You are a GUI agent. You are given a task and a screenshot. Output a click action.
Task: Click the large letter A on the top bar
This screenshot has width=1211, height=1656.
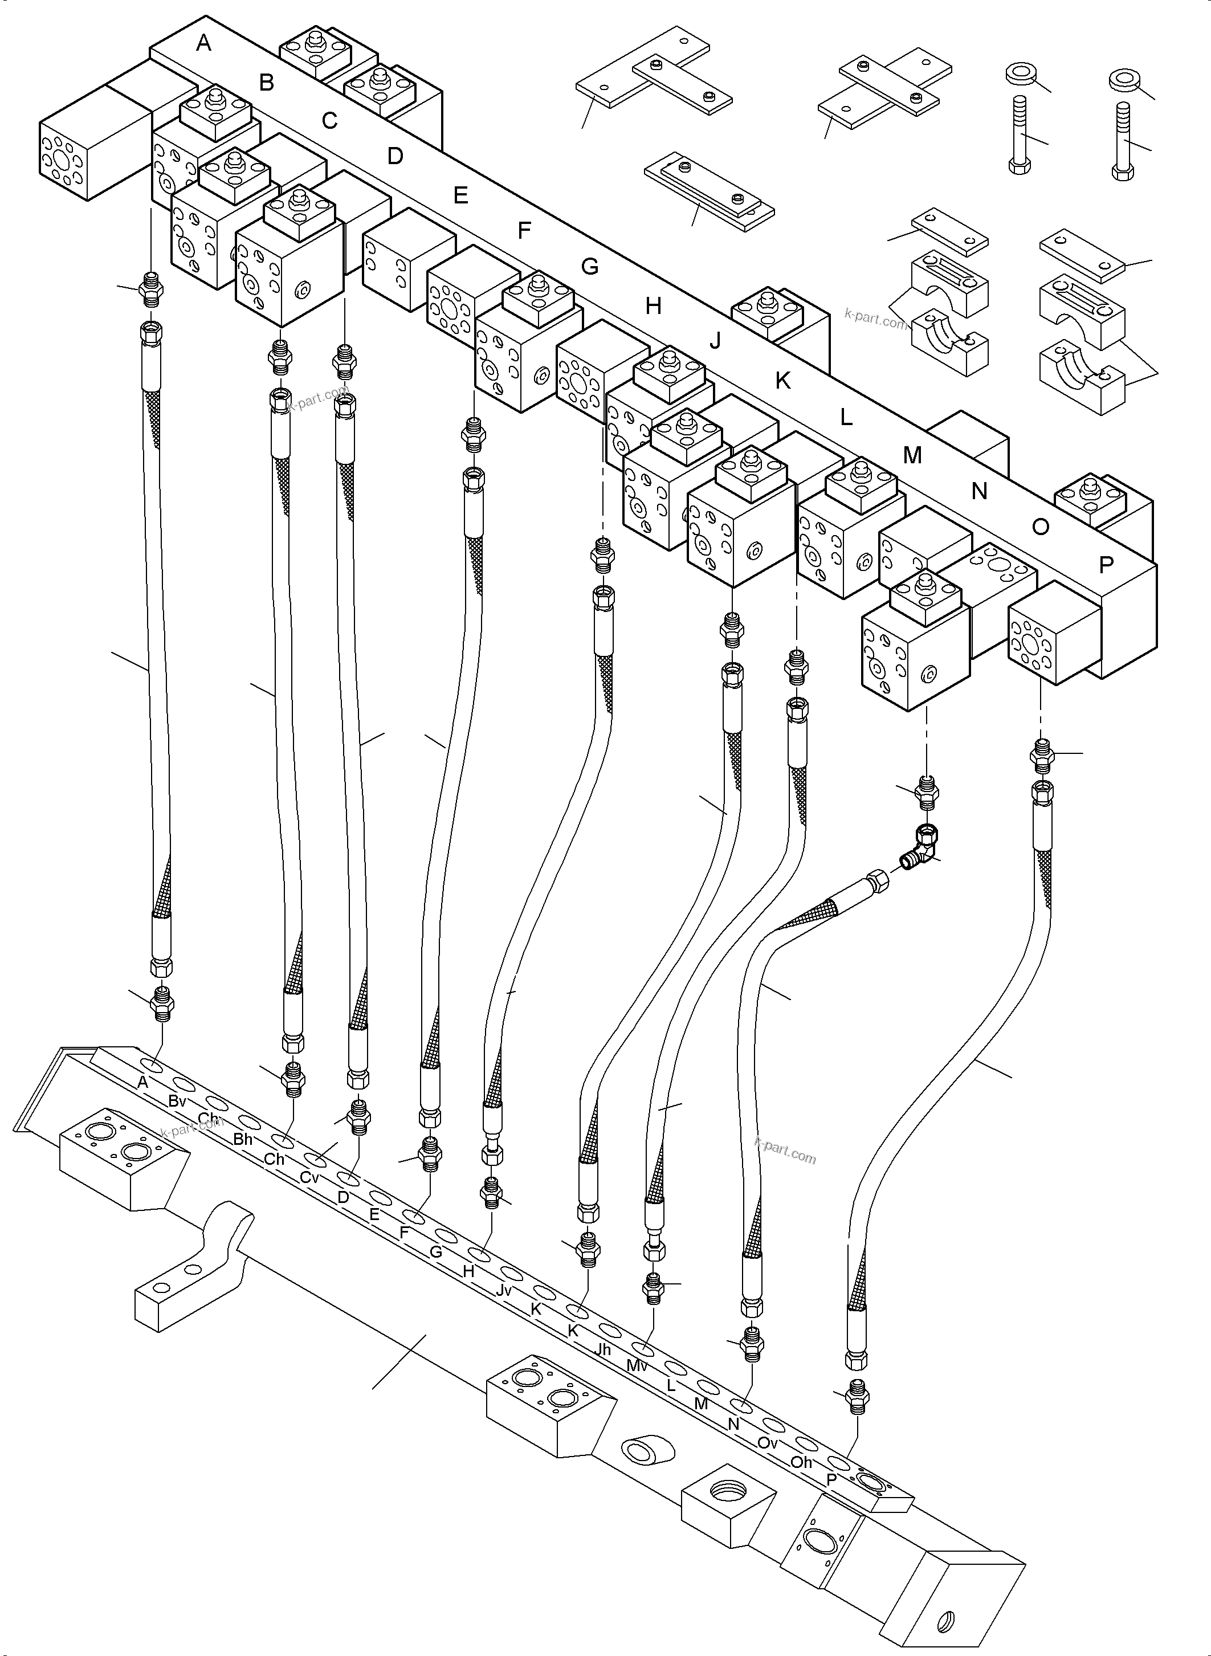pos(204,43)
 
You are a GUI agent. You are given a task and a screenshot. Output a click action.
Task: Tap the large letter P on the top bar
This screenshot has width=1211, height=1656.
pos(1106,565)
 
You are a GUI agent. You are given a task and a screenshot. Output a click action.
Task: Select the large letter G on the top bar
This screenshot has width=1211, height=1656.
pos(590,267)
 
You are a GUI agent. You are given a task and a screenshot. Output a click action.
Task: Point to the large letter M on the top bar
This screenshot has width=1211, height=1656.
pos(912,455)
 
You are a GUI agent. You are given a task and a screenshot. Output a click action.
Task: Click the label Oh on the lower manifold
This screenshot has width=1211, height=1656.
pos(801,1462)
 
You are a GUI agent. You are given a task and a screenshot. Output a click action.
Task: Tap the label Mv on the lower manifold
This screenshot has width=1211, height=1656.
pos(637,1366)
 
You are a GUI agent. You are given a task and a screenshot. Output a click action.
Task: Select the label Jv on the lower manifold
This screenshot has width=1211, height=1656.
pos(503,1290)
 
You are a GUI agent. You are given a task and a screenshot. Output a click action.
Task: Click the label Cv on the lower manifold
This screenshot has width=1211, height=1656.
pos(309,1178)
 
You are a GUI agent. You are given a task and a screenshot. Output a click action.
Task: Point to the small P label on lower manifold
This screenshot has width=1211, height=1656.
pos(831,1480)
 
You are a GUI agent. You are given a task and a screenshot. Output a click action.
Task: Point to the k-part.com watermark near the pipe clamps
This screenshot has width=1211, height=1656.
pos(875,319)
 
